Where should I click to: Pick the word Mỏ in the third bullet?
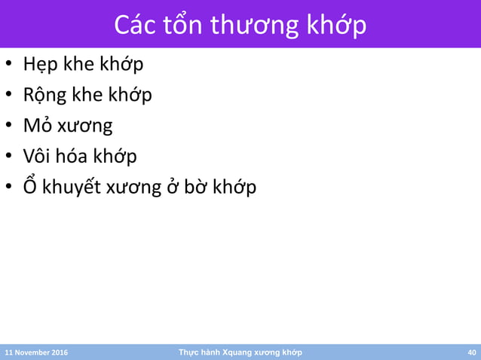pyautogui.click(x=36, y=126)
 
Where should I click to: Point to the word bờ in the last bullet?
pyautogui.click(x=196, y=186)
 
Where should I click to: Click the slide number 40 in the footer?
pyautogui.click(x=472, y=352)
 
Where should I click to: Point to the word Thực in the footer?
pyautogui.click(x=187, y=352)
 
